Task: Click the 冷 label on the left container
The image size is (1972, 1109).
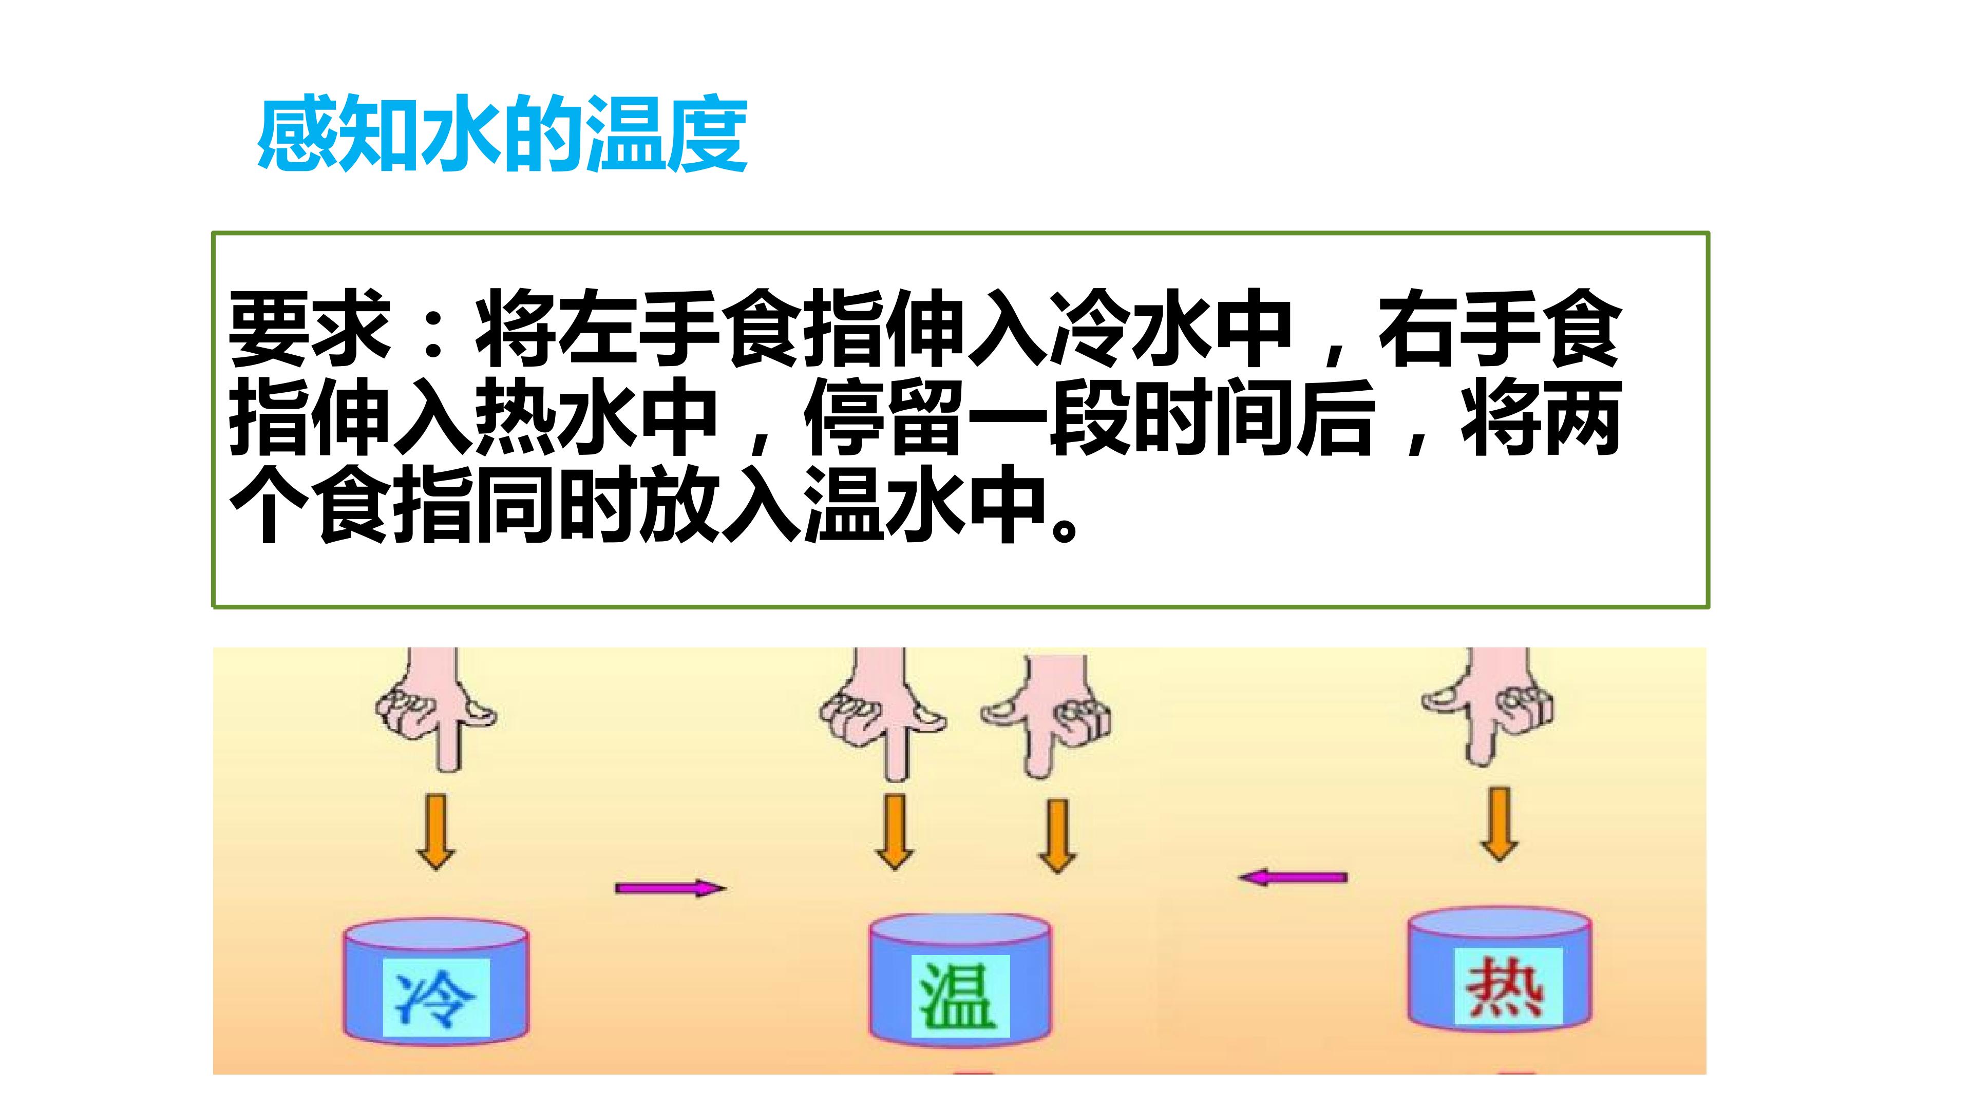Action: [435, 997]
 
